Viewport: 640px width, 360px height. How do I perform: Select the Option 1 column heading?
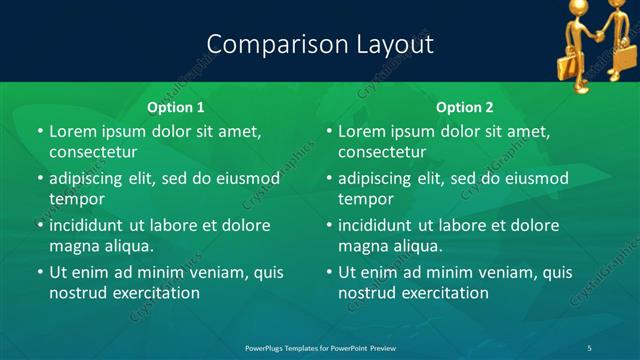pos(176,107)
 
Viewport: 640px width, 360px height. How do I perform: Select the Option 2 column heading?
pos(465,107)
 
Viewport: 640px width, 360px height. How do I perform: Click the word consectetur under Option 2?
pos(382,153)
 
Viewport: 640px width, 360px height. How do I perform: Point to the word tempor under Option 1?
pos(76,199)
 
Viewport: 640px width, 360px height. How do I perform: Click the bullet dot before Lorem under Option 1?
pos(40,132)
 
